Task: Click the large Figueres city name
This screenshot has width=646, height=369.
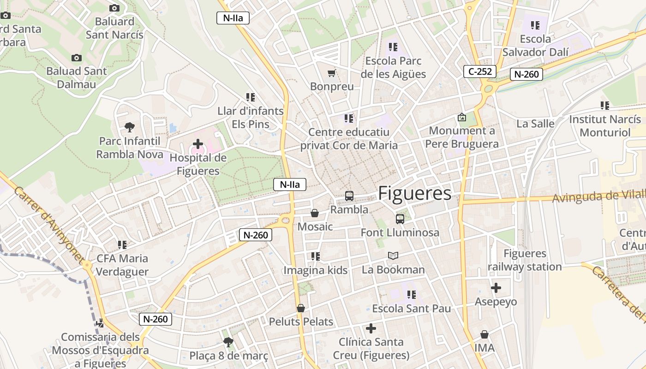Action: coord(414,194)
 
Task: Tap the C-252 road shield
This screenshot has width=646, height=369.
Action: coord(480,71)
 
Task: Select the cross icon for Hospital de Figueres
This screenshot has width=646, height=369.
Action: coord(198,144)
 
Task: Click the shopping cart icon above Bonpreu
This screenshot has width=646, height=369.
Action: coord(331,73)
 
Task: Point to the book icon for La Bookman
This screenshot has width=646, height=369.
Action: coord(393,256)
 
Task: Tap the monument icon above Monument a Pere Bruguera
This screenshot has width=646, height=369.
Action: coord(461,117)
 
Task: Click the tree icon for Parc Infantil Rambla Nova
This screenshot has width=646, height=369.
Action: coord(130,127)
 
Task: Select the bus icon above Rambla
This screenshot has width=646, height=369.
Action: coord(349,196)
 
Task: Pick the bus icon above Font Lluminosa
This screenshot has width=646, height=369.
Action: coord(400,219)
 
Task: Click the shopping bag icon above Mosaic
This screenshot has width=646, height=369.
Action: coord(315,213)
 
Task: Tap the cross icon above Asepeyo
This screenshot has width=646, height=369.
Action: coord(496,288)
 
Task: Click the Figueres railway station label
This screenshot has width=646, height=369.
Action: coord(525,260)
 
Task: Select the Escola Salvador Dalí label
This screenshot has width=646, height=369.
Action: coord(535,46)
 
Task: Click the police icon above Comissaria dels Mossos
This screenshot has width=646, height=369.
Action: coord(100,323)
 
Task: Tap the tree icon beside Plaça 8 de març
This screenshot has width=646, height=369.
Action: coord(228,342)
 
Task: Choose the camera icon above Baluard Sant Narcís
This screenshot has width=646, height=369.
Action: coord(114,8)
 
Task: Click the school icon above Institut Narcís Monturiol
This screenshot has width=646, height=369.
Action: coord(605,105)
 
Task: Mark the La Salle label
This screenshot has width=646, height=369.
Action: coord(535,124)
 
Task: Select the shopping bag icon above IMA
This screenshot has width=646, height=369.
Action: coord(484,334)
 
